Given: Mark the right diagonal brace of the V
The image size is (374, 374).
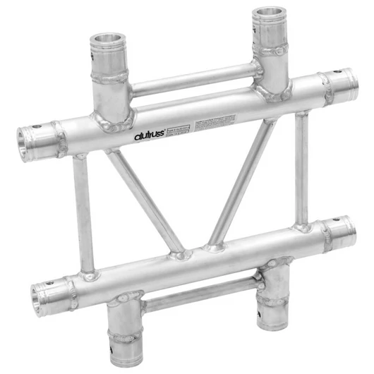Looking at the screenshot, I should pos(243,183).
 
